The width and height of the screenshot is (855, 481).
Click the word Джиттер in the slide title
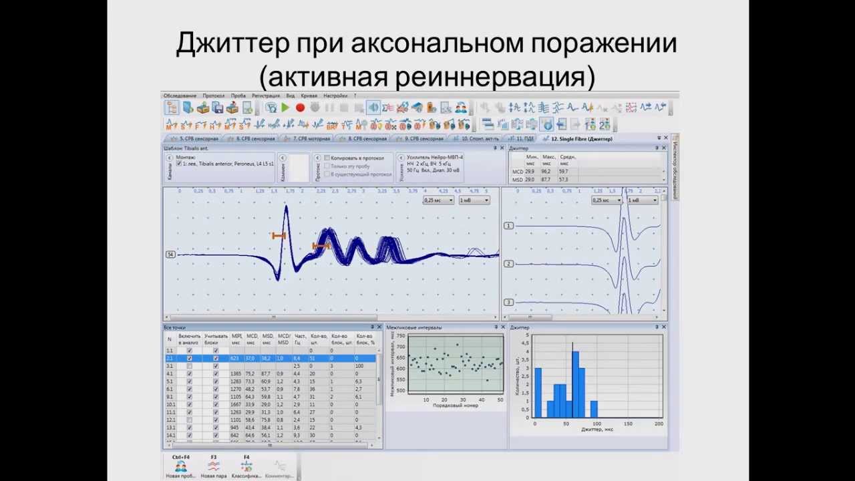pos(233,44)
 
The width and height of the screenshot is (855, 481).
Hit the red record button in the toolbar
pos(300,108)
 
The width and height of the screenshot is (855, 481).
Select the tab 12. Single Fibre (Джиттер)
pos(580,139)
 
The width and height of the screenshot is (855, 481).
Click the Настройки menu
pos(335,96)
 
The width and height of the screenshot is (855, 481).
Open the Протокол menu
pos(214,96)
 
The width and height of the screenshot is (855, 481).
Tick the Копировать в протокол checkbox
pos(327,158)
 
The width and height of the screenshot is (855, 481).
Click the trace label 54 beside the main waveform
pos(170,255)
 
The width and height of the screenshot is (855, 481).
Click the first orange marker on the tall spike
pos(279,235)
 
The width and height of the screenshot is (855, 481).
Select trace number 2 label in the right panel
pos(508,264)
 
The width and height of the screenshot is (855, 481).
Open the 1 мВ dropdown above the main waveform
pos(474,200)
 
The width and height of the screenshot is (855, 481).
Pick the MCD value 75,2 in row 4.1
pos(251,374)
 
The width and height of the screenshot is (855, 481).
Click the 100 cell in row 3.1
pos(359,366)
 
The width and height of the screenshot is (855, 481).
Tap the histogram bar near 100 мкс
pos(594,409)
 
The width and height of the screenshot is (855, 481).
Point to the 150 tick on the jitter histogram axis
pos(628,424)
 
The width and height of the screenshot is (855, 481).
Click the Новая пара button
pos(214,468)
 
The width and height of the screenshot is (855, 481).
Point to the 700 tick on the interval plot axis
pos(401,347)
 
